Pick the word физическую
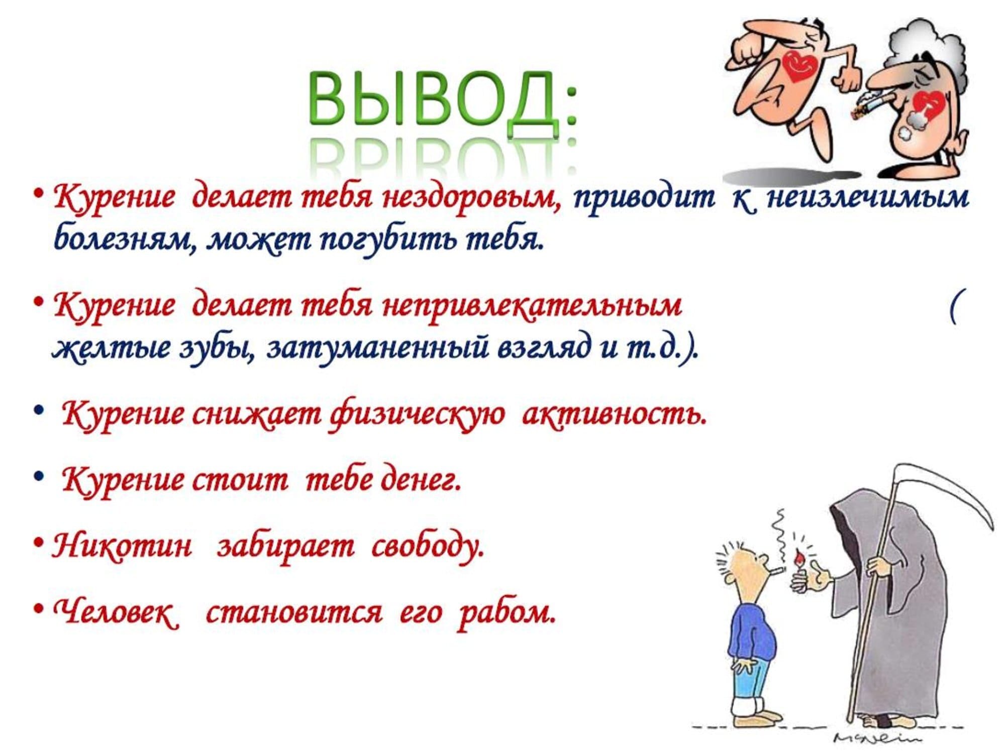[x=417, y=415]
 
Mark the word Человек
[x=116, y=612]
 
